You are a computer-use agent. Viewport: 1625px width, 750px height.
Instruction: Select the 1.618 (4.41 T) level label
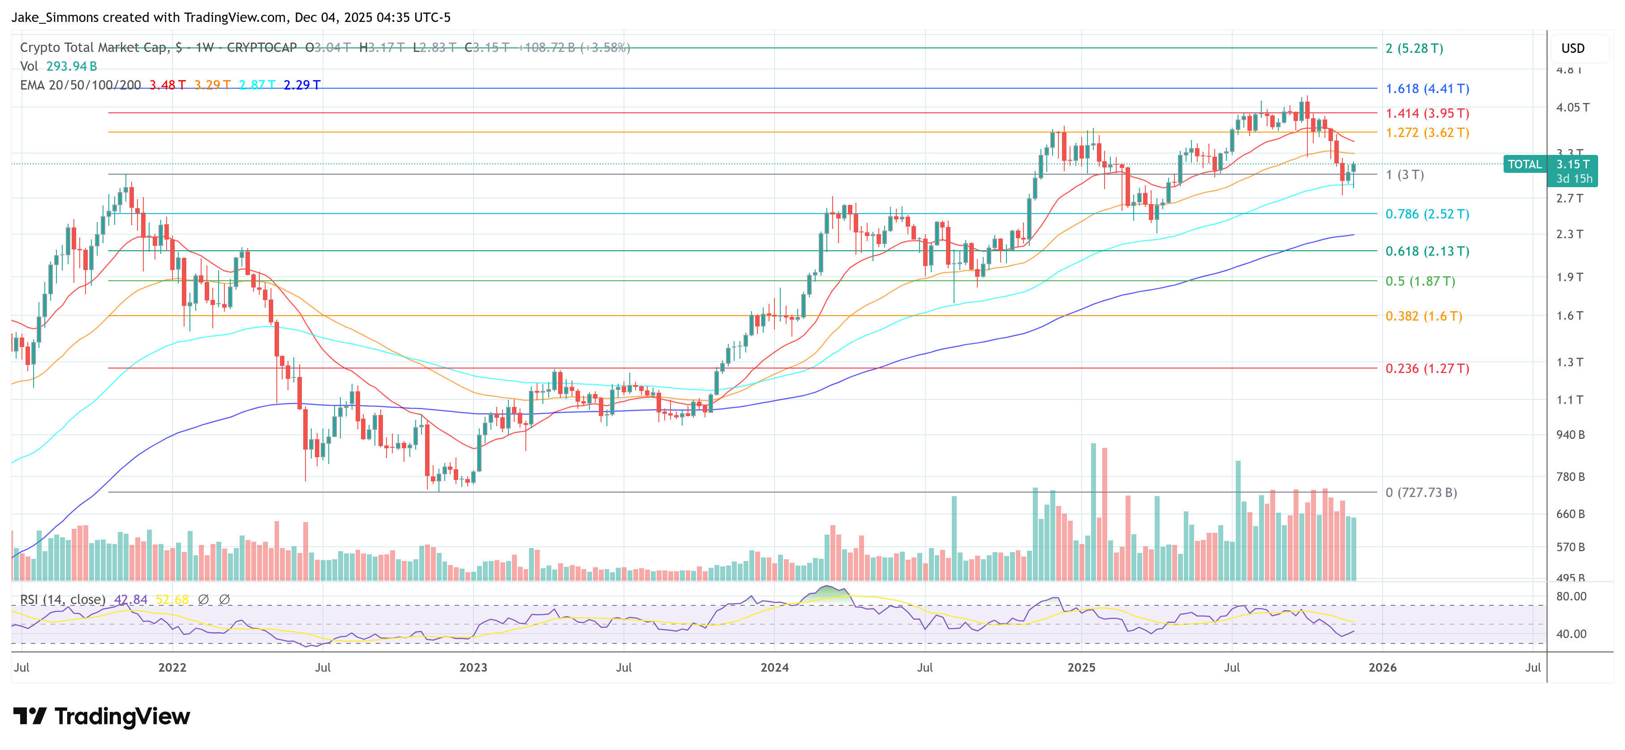1427,89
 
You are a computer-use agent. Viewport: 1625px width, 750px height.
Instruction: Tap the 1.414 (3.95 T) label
1427,114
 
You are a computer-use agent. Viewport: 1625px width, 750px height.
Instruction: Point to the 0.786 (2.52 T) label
1427,214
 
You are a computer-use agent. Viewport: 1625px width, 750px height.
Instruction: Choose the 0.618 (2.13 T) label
1427,251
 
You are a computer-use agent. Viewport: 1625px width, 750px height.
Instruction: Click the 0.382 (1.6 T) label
1423,316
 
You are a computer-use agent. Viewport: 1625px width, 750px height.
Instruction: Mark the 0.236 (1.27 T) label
1427,369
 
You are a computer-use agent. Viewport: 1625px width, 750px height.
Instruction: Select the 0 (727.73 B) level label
1421,493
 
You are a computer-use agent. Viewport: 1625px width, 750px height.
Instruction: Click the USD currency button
1572,48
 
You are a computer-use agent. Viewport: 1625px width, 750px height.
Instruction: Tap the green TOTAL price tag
1524,165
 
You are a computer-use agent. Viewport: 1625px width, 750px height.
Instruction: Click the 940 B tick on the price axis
1570,435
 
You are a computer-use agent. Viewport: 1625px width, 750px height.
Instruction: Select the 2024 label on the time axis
774,667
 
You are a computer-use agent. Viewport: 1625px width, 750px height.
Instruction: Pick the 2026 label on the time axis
1382,667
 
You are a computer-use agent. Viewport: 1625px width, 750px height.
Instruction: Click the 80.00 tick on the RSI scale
1571,596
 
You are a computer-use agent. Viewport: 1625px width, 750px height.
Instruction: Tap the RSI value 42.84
131,599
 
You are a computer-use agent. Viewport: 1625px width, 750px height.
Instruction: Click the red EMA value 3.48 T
167,85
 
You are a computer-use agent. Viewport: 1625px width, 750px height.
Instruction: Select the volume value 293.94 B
71,66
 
